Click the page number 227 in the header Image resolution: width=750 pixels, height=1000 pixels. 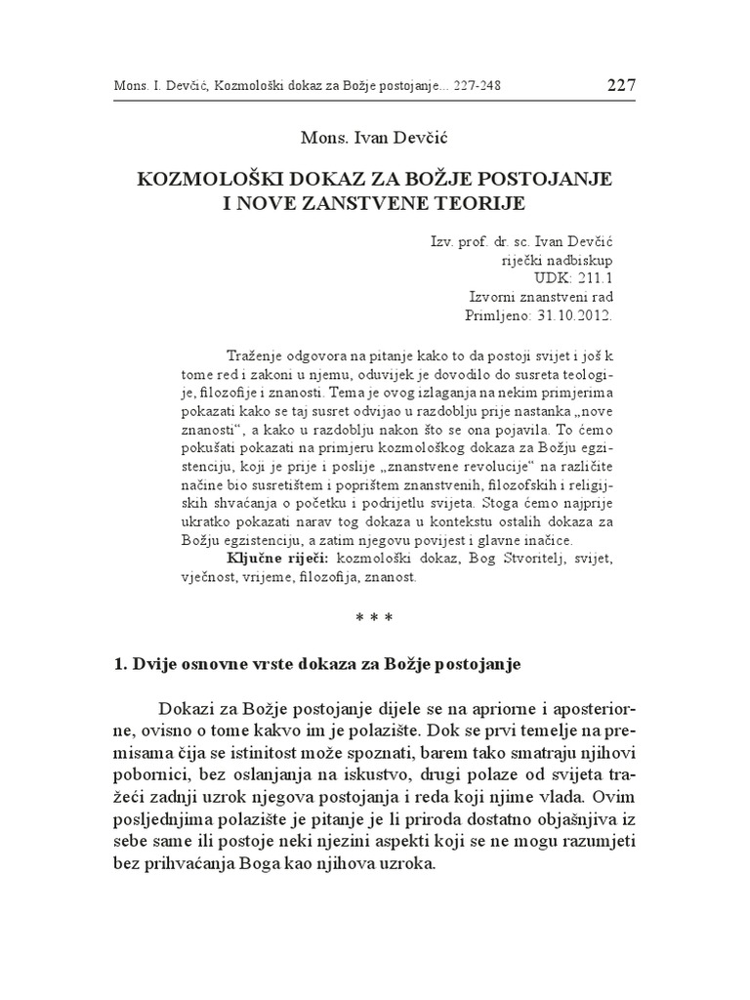pyautogui.click(x=621, y=85)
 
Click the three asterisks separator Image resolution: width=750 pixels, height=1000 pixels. pyautogui.click(x=375, y=617)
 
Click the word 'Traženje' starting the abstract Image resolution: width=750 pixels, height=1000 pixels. pyautogui.click(x=256, y=354)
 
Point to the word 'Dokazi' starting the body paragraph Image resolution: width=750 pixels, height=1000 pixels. pyautogui.click(x=183, y=707)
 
